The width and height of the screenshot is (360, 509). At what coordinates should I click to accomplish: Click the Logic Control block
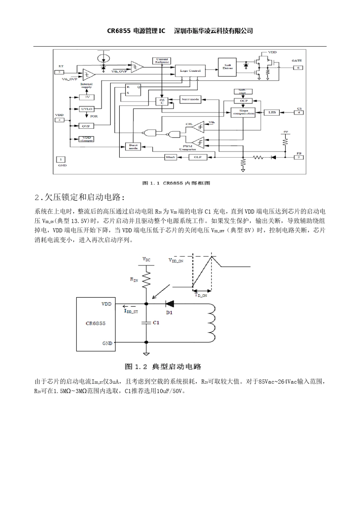pos(190,71)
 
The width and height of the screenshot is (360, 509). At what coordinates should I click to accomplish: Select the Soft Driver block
pos(227,67)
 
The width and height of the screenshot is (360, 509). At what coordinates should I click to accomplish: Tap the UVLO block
pos(87,109)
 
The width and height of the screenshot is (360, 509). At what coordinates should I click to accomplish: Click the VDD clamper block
pos(86,139)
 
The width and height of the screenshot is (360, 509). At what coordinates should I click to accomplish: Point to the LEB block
pos(272,112)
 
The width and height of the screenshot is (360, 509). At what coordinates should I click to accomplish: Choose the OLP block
pos(198,157)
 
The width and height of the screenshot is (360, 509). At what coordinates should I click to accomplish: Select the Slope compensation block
pos(243,112)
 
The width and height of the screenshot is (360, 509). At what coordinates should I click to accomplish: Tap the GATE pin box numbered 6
pos(298,67)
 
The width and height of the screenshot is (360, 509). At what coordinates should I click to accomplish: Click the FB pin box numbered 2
pos(299,157)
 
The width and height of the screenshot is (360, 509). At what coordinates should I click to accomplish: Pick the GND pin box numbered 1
pos(61,159)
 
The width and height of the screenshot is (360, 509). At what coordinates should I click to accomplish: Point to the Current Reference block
pos(162,61)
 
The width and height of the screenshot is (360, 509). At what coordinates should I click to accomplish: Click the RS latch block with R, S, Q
pos(133,90)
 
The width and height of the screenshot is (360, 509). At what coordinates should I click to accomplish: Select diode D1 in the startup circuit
pos(169,304)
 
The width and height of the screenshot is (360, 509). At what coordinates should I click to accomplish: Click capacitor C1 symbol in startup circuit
pos(146,323)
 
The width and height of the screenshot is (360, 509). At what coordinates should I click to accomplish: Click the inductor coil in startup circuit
pos(211,323)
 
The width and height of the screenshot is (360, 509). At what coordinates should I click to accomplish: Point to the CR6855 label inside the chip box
pos(95,323)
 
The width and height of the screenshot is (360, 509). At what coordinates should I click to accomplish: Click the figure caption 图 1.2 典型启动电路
pos(163,367)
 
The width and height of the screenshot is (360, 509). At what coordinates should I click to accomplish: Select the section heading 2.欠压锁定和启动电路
pos(79,197)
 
